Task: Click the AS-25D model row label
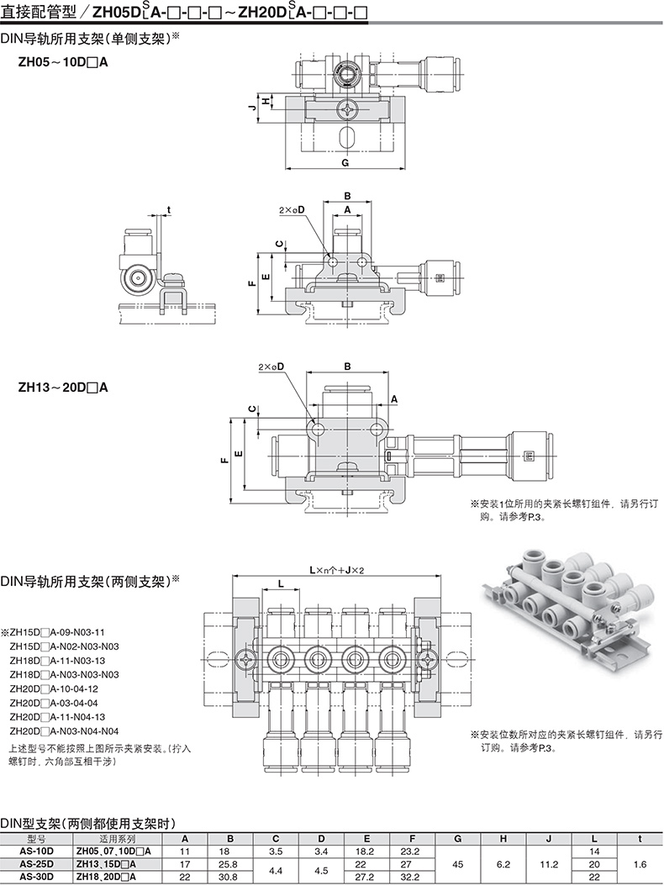coord(36,863)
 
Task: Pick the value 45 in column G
coord(456,863)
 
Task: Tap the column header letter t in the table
coord(640,838)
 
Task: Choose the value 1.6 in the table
coord(640,863)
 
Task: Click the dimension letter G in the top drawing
coord(345,162)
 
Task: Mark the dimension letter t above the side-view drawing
coord(168,209)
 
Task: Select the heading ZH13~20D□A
coord(63,388)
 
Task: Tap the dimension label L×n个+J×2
coord(336,569)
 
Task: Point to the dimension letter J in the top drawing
coord(251,108)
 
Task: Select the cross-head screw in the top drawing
coord(349,108)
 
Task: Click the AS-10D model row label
coord(36,851)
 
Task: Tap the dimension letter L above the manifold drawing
coord(280,583)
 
